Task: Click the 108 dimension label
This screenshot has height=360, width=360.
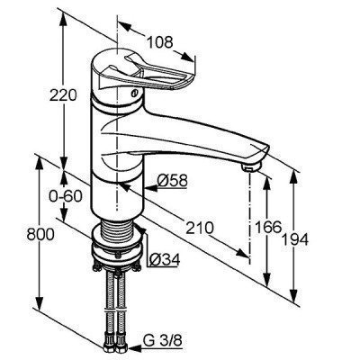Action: pos(160,42)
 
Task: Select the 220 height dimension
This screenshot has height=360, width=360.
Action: pos(63,95)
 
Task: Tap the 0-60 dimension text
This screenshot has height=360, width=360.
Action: pos(66,196)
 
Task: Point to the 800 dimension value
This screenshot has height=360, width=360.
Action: pos(40,234)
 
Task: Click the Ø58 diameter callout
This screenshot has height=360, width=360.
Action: pos(173,181)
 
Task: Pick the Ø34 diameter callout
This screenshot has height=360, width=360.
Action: pos(165,259)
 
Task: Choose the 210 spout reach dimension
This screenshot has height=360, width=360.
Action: pos(200,228)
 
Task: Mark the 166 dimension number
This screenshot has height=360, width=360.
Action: pos(268,227)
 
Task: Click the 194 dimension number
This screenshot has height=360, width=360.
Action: pos(295,239)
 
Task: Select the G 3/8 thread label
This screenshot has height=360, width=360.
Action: pos(163,340)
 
